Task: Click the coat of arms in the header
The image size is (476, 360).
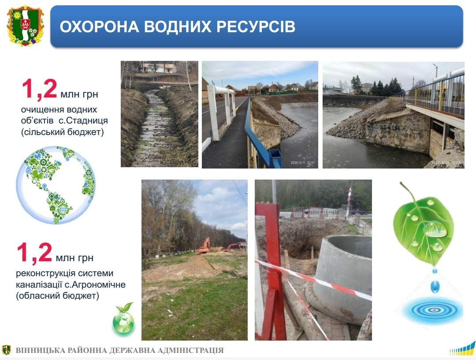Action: (26, 26)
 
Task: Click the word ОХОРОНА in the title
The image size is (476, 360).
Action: (99, 26)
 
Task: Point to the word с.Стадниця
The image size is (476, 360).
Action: (83, 120)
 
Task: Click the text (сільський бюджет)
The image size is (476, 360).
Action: (63, 132)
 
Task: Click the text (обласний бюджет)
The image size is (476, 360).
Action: (58, 296)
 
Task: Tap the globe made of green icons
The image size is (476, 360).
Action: (56, 185)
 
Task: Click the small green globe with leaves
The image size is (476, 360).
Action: (123, 319)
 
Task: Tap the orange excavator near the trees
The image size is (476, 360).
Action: (204, 246)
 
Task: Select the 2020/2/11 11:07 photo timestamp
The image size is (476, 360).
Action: (303, 162)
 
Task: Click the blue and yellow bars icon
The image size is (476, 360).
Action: (462, 349)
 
